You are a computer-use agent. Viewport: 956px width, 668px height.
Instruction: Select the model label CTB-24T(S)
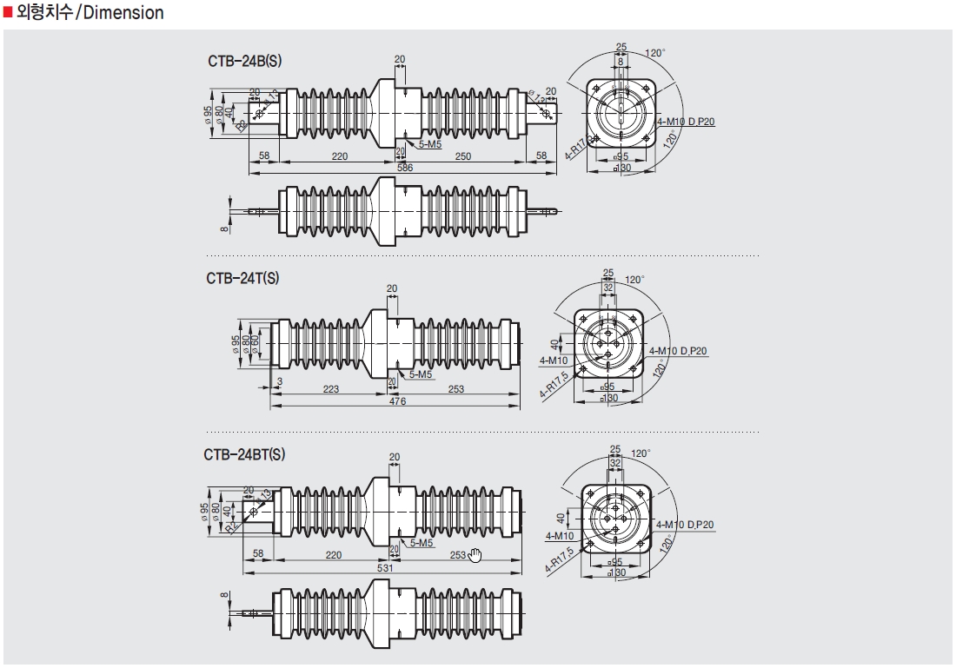point(242,278)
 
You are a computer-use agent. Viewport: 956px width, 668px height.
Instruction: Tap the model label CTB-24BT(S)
point(244,454)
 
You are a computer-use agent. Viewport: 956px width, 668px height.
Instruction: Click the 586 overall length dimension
point(404,168)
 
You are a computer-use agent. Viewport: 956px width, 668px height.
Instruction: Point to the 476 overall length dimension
point(397,401)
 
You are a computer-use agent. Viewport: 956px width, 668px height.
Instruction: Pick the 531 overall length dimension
point(383,568)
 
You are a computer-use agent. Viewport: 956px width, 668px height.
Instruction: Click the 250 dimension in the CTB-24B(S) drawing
point(462,156)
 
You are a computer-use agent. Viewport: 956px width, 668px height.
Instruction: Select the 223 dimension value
point(331,389)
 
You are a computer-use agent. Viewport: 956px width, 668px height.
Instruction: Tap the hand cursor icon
point(475,555)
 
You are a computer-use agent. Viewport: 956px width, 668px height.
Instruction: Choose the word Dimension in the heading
point(123,13)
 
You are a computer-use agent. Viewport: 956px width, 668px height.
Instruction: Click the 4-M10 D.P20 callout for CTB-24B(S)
point(686,122)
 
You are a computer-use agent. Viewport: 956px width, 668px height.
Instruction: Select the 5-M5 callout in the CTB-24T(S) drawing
point(421,374)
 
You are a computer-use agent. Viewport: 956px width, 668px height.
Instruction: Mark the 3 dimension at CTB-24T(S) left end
point(280,381)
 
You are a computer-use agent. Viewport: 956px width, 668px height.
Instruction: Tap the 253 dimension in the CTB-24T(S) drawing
point(455,389)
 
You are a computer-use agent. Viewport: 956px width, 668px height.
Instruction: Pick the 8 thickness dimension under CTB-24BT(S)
point(223,597)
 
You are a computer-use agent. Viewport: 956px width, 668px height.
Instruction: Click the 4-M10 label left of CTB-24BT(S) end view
point(560,536)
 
